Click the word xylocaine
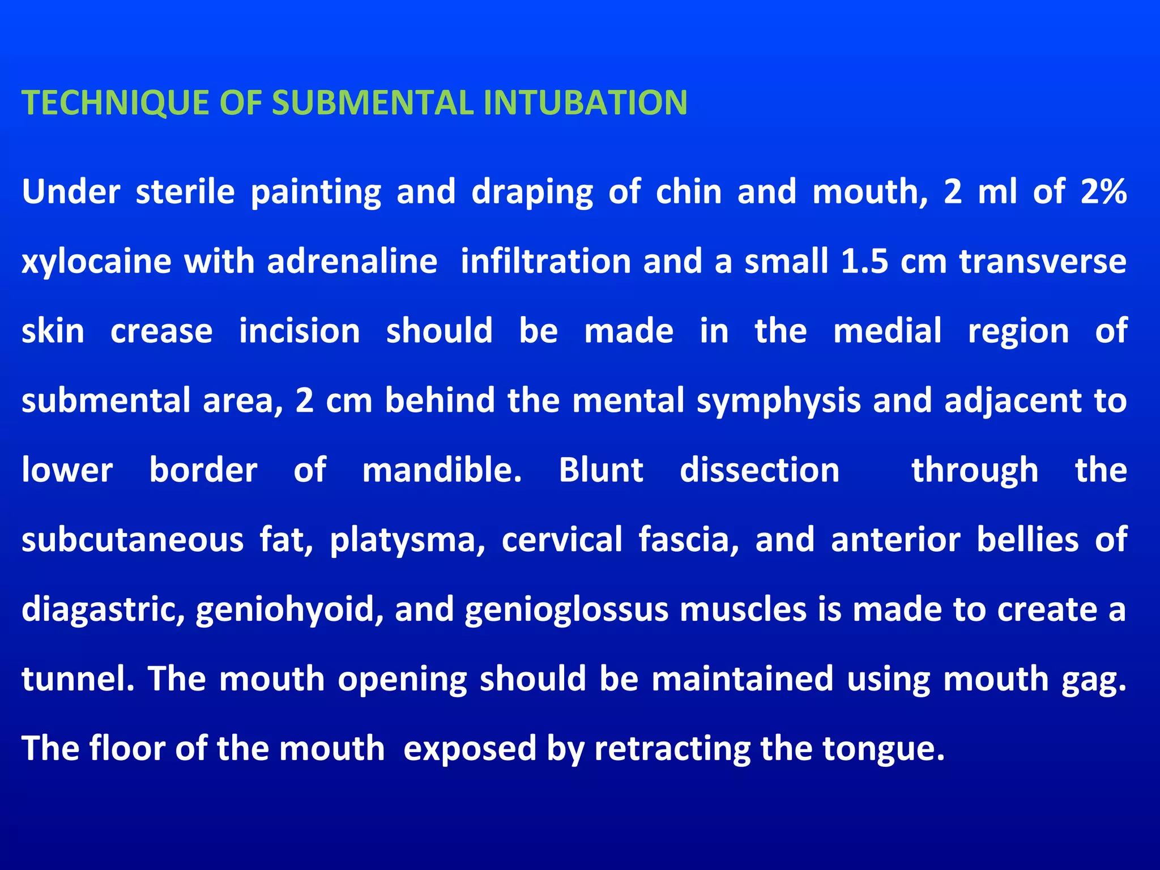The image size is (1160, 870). tap(97, 262)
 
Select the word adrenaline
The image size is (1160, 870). tap(352, 262)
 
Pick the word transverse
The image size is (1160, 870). tap(1043, 262)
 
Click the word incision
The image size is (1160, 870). tap(300, 331)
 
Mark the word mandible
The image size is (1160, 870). tap(442, 470)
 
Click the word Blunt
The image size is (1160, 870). tap(601, 470)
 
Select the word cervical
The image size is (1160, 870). tap(562, 539)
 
